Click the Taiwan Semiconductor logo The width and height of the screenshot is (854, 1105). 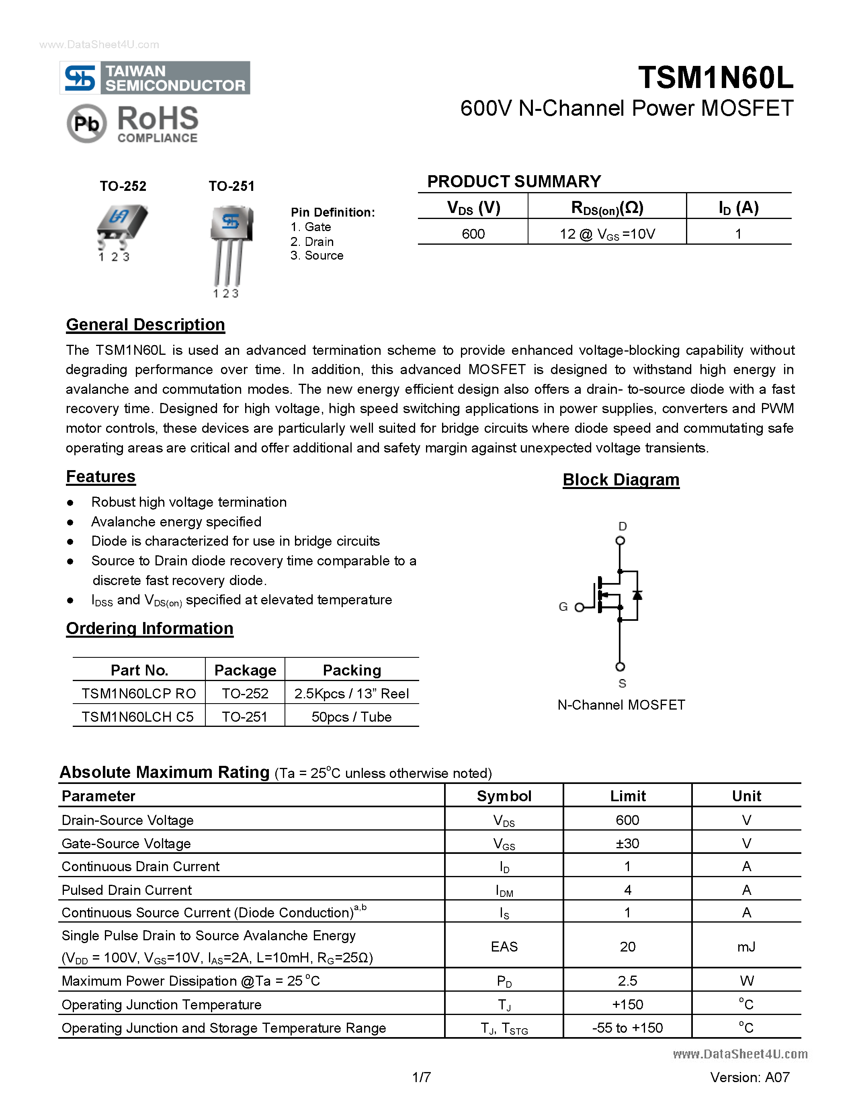click(x=155, y=78)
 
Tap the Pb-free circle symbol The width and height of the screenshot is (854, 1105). click(x=86, y=123)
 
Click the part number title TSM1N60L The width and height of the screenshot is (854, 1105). click(x=715, y=78)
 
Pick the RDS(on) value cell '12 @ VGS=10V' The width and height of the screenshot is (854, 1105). click(x=607, y=234)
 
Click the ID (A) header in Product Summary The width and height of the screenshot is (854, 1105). click(x=738, y=207)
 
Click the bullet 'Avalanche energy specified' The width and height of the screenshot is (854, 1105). click(x=176, y=522)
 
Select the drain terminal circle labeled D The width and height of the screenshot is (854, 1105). click(x=620, y=540)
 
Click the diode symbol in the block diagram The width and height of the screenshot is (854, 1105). click(x=637, y=595)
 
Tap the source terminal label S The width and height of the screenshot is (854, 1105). click(x=622, y=683)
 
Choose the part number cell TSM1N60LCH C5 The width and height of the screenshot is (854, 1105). click(x=137, y=716)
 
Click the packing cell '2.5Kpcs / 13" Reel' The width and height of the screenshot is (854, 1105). click(x=351, y=694)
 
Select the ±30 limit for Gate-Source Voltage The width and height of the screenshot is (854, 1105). click(x=627, y=843)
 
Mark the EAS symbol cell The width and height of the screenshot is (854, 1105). click(x=504, y=946)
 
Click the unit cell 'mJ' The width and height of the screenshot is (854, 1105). click(x=746, y=946)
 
